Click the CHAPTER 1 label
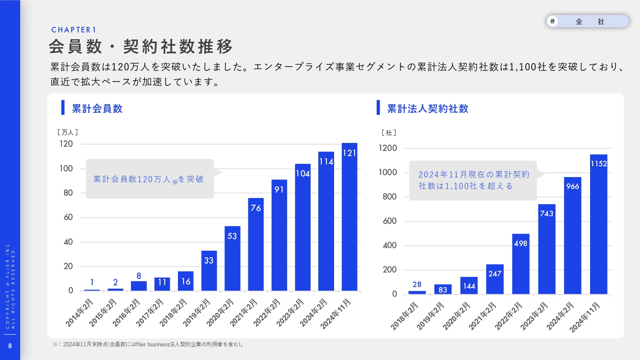[74, 30]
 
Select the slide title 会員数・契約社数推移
[141, 46]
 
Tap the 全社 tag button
[588, 21]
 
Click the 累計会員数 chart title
[97, 109]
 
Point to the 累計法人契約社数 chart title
[428, 109]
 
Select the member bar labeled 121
[349, 218]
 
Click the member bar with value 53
[233, 258]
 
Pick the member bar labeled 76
[256, 244]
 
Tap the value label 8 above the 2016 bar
[139, 276]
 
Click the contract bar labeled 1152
[599, 224]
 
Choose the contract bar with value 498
[521, 264]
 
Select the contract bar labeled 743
[547, 249]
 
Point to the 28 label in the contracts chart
[417, 285]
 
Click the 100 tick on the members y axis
[66, 168]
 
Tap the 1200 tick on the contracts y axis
[388, 148]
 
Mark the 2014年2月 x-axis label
[80, 313]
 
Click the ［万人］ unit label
[67, 132]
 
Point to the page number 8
[10, 346]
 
